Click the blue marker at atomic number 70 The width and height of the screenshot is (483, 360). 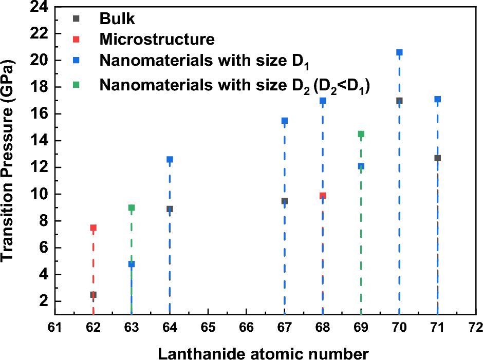[x=399, y=52]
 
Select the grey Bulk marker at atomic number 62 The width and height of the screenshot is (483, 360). [x=93, y=295]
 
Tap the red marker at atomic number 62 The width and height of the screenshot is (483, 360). [x=93, y=228]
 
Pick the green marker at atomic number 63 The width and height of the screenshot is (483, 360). [x=132, y=208]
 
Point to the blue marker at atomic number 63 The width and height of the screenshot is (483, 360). [x=132, y=264]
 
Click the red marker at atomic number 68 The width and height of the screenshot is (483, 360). [x=323, y=196]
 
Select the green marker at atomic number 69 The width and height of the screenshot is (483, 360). [x=361, y=134]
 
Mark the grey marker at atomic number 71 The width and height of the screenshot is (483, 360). [x=437, y=158]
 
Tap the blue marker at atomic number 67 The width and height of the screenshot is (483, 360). [x=284, y=121]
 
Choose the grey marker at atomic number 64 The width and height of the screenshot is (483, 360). [x=170, y=209]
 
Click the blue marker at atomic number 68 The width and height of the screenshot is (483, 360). [x=323, y=101]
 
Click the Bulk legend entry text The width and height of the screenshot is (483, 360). [x=117, y=20]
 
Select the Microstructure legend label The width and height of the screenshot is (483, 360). [x=157, y=39]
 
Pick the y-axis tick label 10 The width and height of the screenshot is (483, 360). [x=38, y=194]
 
